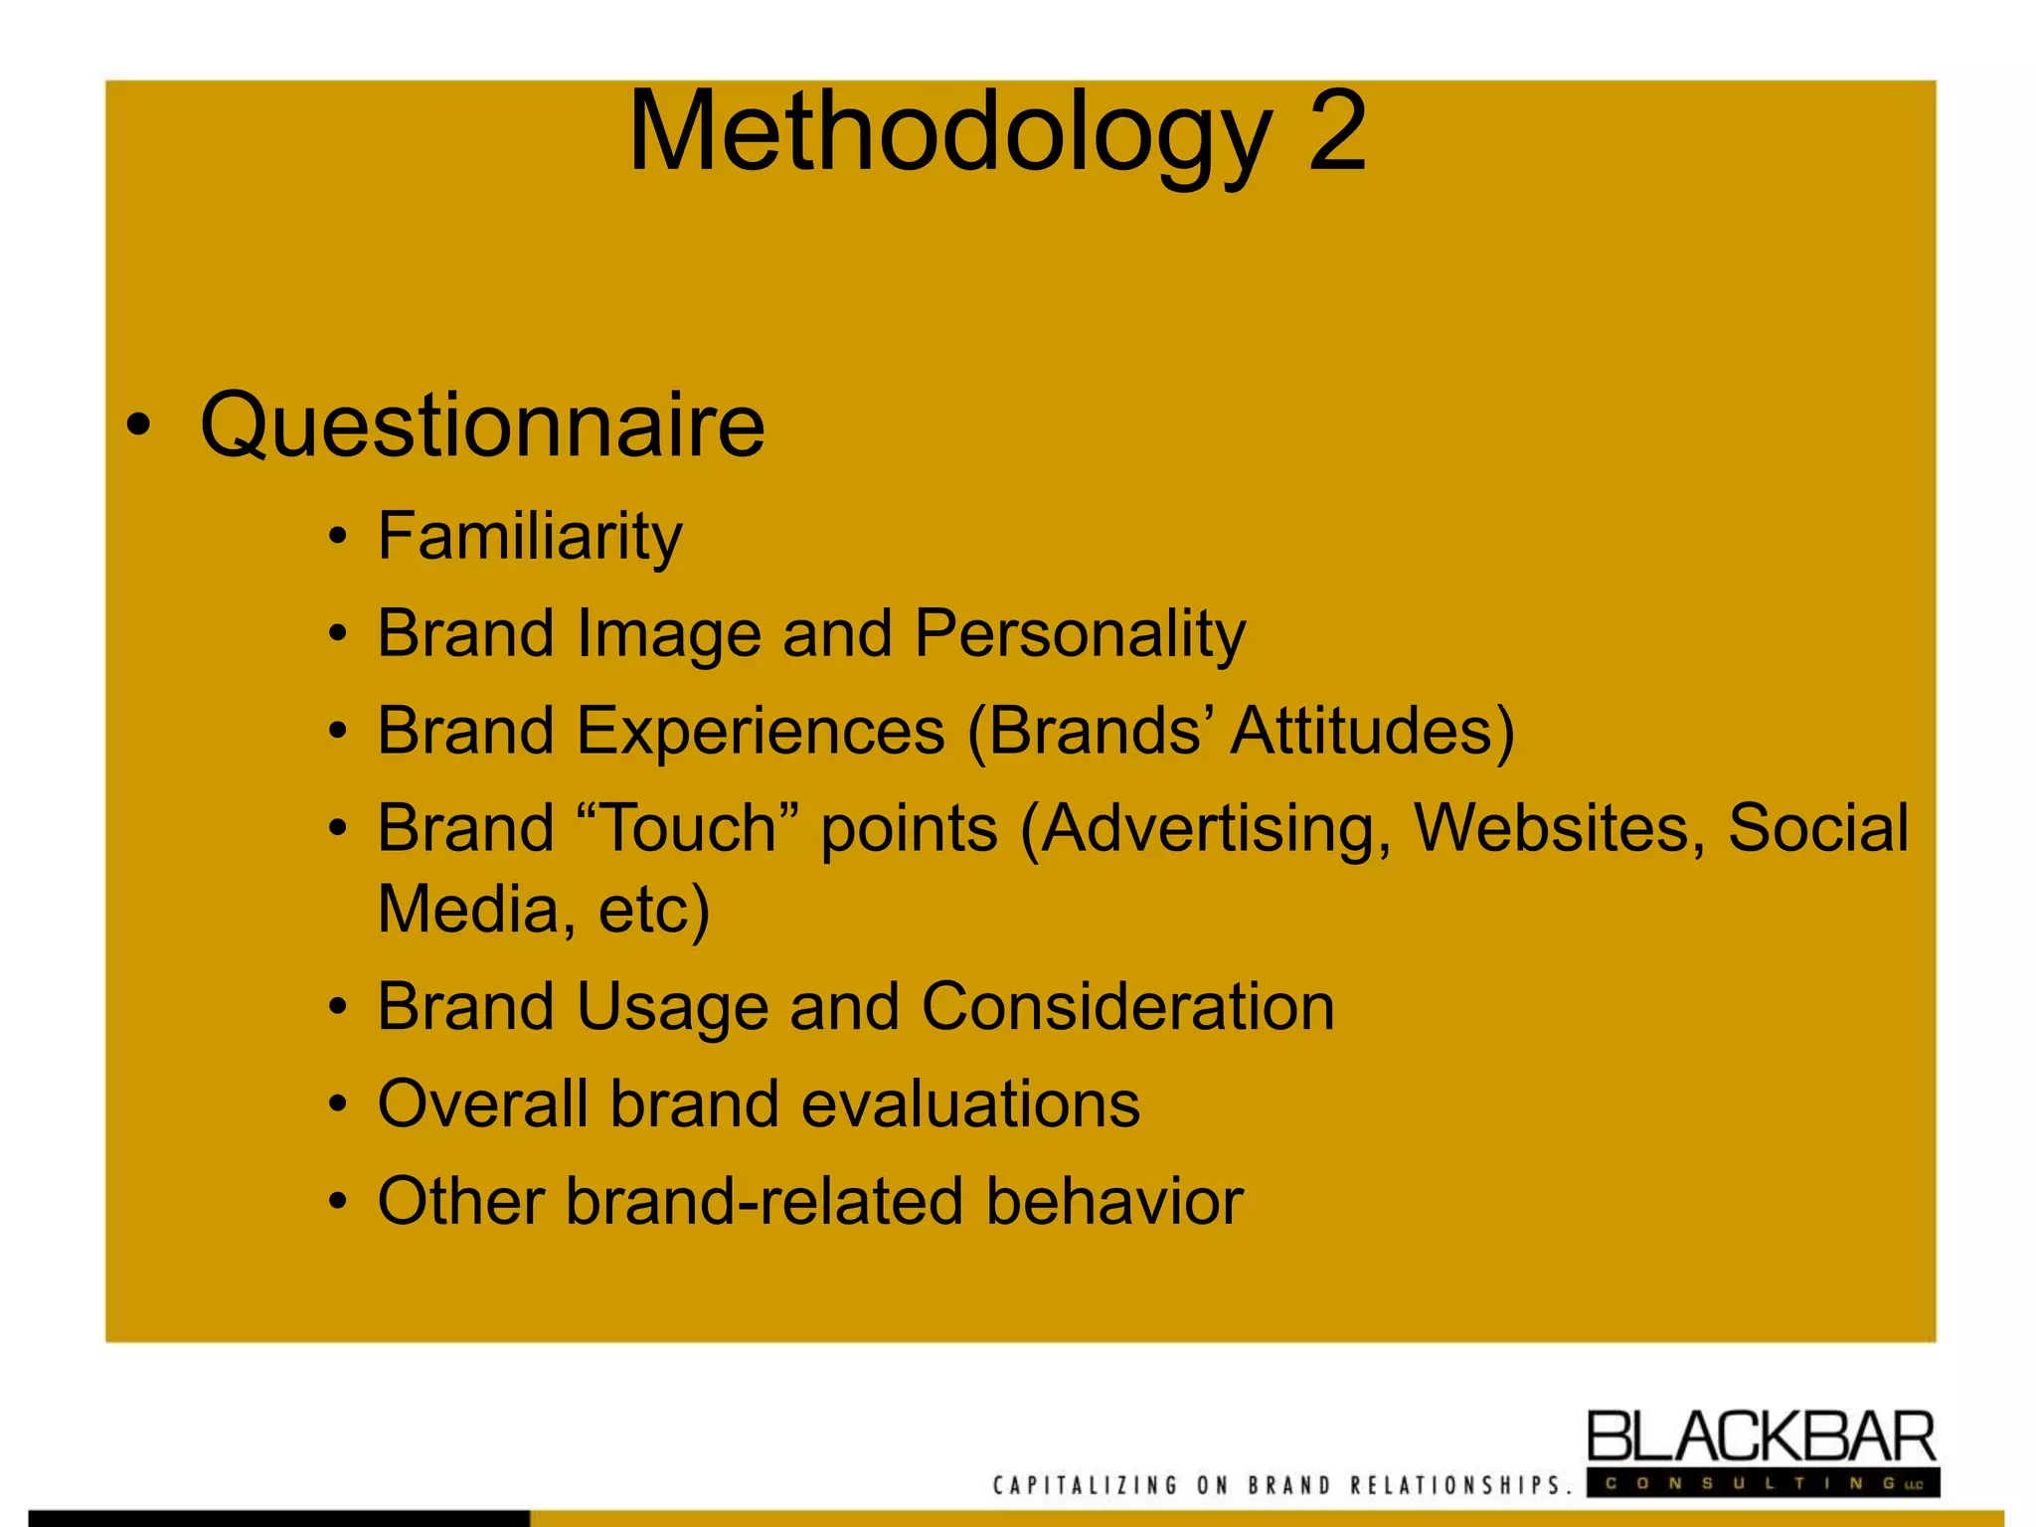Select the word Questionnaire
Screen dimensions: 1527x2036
(x=482, y=425)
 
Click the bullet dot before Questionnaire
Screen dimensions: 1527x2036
(x=138, y=425)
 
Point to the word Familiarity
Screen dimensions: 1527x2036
(x=530, y=537)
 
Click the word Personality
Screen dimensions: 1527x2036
(x=1080, y=633)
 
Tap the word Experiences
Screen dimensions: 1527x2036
(x=761, y=731)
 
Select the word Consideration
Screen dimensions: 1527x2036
(x=1127, y=1006)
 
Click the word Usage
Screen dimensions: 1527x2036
(x=672, y=1006)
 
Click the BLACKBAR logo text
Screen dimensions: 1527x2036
(x=1761, y=1438)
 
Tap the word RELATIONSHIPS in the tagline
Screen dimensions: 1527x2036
(x=1460, y=1485)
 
